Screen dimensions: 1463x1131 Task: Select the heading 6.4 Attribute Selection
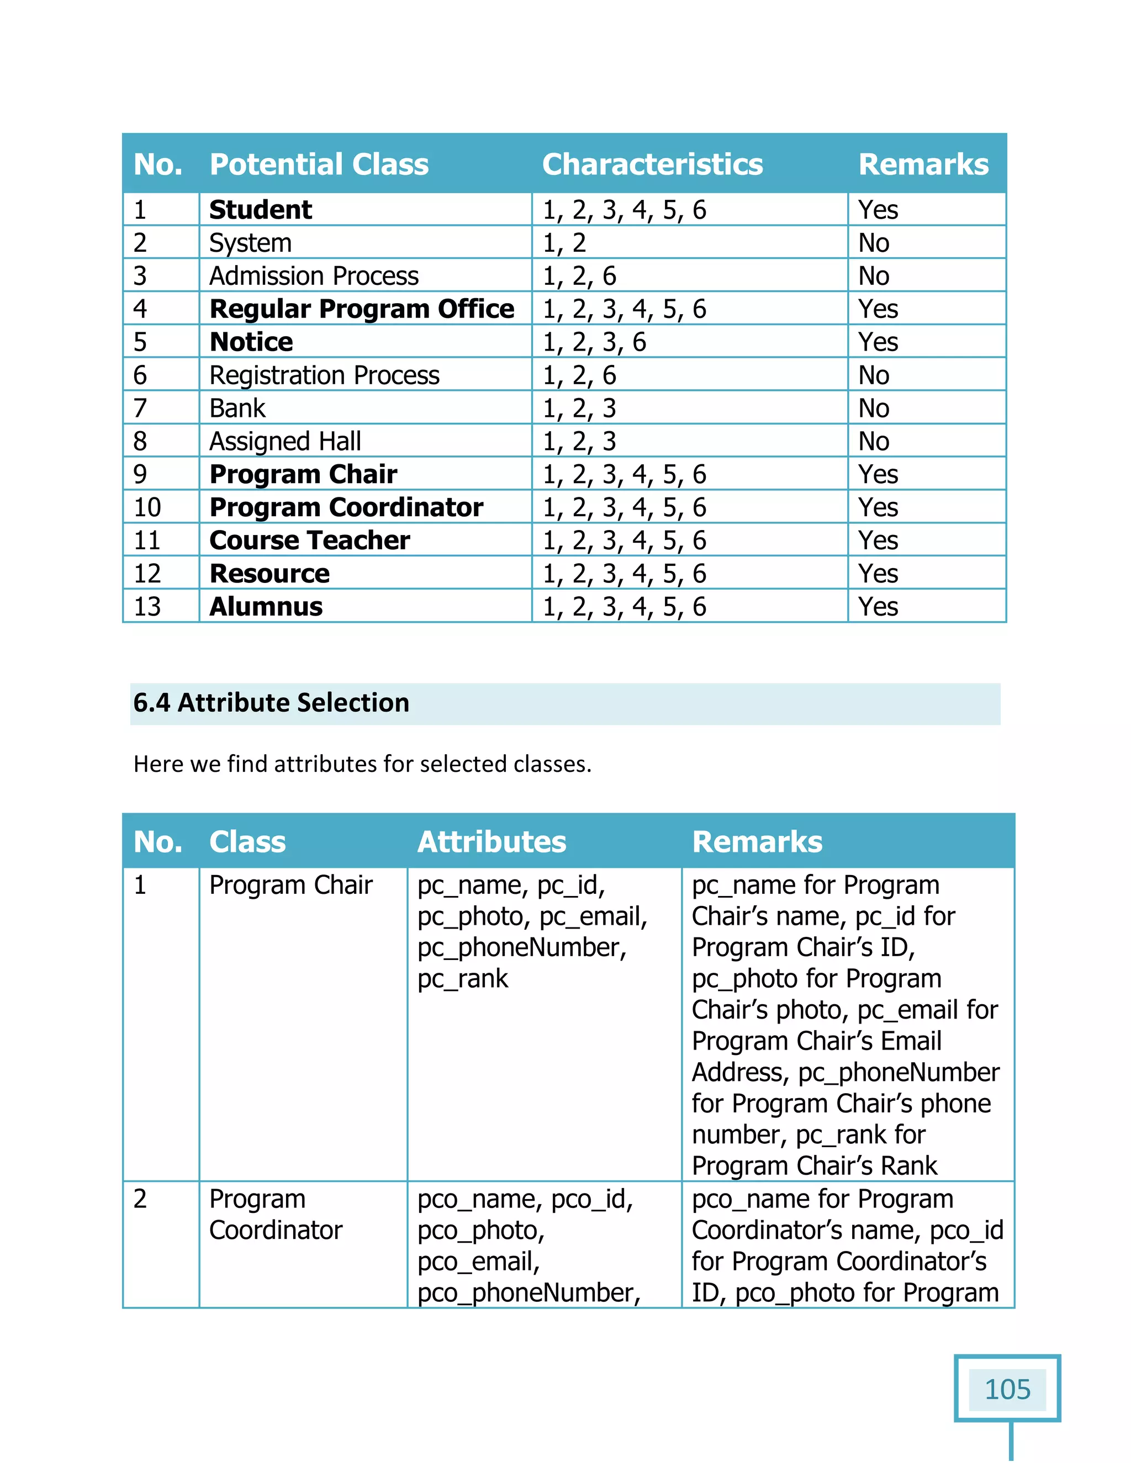271,703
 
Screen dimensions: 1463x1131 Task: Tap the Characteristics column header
652,164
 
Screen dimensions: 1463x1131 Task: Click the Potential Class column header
319,164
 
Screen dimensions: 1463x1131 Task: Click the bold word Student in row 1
260,210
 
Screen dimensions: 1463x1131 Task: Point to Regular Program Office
361,309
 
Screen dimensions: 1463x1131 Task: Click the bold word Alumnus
266,606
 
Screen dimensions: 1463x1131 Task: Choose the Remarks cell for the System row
874,242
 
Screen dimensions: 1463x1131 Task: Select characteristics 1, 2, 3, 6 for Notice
594,342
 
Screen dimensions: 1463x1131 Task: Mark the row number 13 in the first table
147,606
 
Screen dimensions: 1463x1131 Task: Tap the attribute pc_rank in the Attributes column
462,979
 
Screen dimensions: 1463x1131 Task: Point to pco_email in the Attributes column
478,1261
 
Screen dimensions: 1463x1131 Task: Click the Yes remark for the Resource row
878,574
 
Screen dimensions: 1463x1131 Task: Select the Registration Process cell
324,375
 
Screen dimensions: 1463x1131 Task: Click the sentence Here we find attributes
362,764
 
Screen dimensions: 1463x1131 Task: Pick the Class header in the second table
247,841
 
